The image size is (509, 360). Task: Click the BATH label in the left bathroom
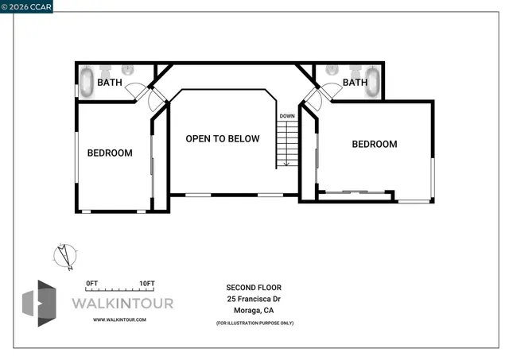pyautogui.click(x=109, y=82)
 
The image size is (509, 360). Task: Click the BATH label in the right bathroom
pyautogui.click(x=355, y=82)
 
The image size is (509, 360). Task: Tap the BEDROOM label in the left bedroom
pyautogui.click(x=110, y=153)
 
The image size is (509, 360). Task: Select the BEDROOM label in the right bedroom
pyautogui.click(x=374, y=144)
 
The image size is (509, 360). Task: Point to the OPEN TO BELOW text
pyautogui.click(x=223, y=138)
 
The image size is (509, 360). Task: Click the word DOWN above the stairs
pyautogui.click(x=286, y=117)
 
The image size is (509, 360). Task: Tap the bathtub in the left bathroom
pyautogui.click(x=86, y=82)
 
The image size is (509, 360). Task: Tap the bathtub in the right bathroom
pyautogui.click(x=373, y=83)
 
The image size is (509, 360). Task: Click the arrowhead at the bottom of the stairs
pyautogui.click(x=286, y=164)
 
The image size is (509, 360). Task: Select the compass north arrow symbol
pyautogui.click(x=63, y=256)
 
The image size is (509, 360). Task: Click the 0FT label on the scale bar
pyautogui.click(x=91, y=284)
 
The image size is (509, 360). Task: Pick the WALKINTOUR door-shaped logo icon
pyautogui.click(x=38, y=303)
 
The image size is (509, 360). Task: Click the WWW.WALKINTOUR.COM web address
pyautogui.click(x=119, y=319)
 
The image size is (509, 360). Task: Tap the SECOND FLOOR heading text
pyautogui.click(x=254, y=288)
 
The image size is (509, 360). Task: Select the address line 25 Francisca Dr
pyautogui.click(x=254, y=300)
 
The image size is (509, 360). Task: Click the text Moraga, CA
pyautogui.click(x=254, y=312)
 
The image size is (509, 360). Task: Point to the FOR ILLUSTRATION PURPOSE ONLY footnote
pyautogui.click(x=254, y=323)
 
